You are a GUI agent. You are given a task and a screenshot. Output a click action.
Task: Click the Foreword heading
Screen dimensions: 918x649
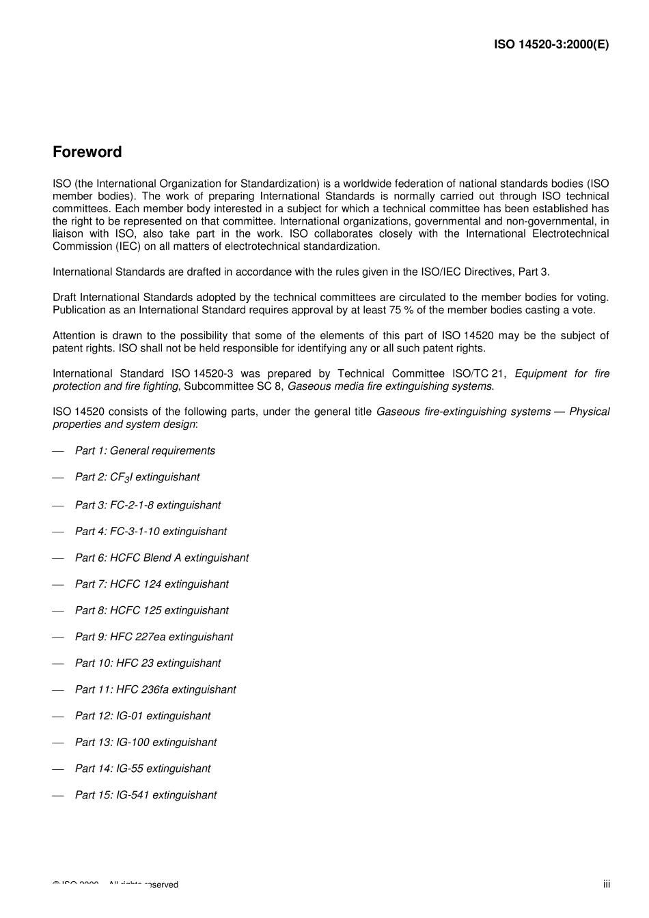point(87,152)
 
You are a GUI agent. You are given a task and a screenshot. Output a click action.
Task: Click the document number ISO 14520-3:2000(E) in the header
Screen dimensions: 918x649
point(551,44)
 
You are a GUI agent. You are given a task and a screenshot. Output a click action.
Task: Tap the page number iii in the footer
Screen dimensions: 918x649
point(606,884)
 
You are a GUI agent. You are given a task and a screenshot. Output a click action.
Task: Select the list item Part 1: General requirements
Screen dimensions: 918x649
point(145,450)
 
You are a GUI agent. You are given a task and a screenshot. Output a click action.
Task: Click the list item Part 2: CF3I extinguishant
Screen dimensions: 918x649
point(137,477)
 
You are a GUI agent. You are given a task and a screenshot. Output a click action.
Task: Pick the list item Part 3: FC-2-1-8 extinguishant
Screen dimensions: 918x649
point(148,505)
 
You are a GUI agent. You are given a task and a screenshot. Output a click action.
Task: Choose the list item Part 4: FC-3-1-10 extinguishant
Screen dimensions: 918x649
point(150,531)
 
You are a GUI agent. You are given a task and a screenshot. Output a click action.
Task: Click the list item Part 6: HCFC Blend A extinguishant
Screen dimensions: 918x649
point(162,558)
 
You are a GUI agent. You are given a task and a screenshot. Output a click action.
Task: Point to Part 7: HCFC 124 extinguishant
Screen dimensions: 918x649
point(152,584)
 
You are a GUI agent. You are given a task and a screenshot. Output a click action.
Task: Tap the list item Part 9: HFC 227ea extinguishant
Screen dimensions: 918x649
point(154,637)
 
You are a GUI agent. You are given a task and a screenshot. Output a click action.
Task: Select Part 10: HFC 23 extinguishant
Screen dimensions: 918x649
point(148,663)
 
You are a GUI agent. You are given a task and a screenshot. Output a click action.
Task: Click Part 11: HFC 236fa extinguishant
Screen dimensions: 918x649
point(155,689)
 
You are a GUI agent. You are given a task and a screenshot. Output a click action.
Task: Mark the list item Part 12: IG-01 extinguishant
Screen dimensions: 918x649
point(143,716)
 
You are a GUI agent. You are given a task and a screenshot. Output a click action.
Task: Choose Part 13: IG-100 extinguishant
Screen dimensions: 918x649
point(146,743)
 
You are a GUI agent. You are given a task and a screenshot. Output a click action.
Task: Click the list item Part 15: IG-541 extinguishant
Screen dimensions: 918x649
point(146,795)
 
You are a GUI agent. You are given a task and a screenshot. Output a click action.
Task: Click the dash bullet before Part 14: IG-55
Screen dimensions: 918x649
point(58,769)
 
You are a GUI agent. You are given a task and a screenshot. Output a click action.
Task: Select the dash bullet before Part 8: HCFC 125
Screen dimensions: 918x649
point(58,611)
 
